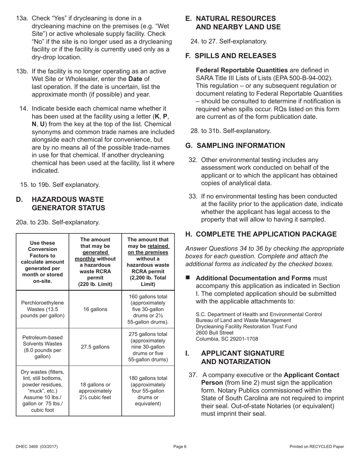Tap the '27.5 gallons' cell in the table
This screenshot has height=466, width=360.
95,347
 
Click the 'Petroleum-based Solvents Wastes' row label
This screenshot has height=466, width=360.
42,347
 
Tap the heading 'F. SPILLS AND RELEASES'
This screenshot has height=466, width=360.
230,56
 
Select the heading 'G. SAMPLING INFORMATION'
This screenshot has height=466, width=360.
235,145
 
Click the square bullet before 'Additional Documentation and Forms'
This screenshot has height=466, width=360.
188,278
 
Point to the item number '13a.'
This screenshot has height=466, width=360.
22,18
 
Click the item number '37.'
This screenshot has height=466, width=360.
193,375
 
